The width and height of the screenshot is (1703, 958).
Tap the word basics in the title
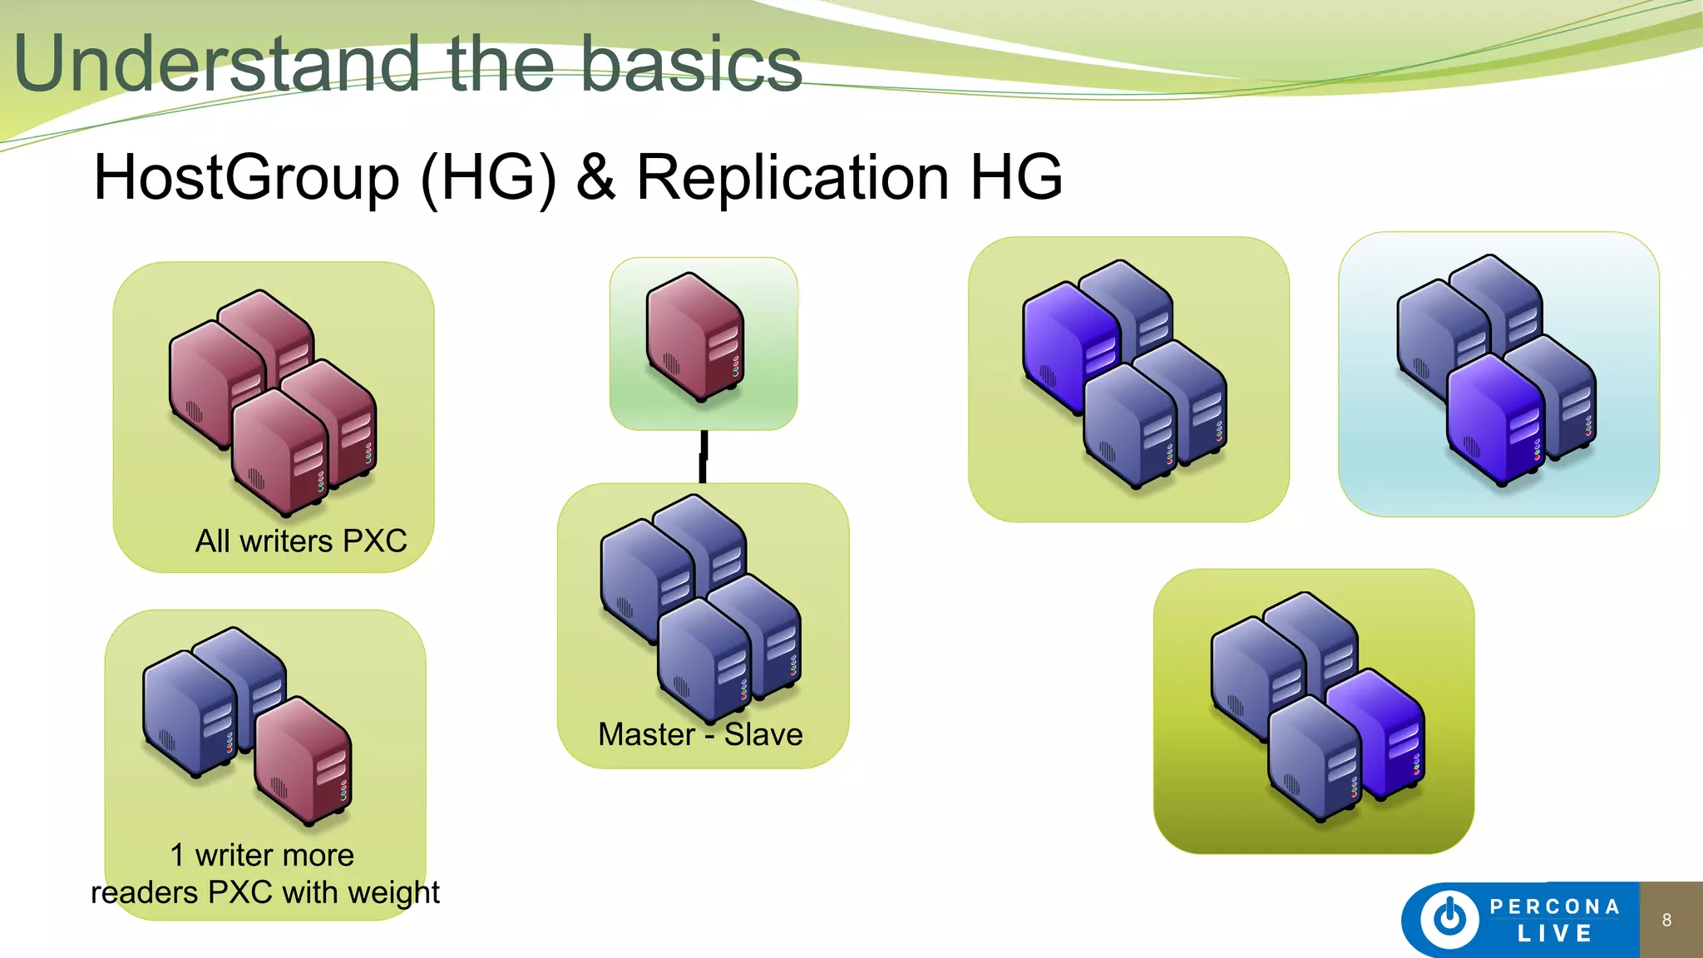[690, 65]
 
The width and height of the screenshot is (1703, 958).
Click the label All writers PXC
[301, 541]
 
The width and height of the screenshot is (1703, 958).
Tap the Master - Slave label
[700, 734]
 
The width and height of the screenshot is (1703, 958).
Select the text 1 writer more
[262, 855]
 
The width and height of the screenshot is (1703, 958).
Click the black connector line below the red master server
[703, 457]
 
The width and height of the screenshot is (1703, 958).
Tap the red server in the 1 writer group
[303, 761]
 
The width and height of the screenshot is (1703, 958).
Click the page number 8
[1666, 920]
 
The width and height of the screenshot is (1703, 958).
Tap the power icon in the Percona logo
[1450, 919]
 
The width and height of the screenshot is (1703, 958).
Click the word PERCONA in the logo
[1554, 906]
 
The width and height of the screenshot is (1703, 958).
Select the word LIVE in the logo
[1554, 934]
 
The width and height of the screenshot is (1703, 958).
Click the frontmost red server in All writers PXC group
[279, 453]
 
